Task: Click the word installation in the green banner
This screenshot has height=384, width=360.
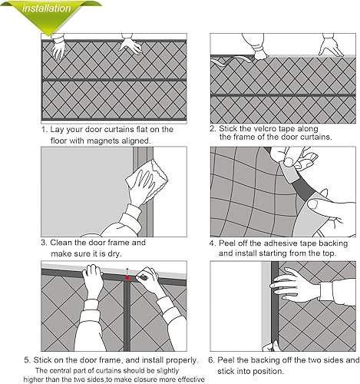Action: click(46, 8)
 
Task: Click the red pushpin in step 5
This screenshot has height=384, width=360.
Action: click(127, 276)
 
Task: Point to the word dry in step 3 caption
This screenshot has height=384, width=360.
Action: click(114, 253)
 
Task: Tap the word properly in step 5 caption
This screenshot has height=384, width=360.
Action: click(182, 360)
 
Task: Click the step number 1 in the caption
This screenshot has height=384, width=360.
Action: click(45, 130)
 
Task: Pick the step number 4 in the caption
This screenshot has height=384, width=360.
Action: click(213, 243)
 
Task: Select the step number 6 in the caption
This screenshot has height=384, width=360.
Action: click(211, 360)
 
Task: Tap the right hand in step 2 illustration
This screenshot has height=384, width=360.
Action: click(330, 48)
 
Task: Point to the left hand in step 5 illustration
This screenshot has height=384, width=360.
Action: click(93, 281)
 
